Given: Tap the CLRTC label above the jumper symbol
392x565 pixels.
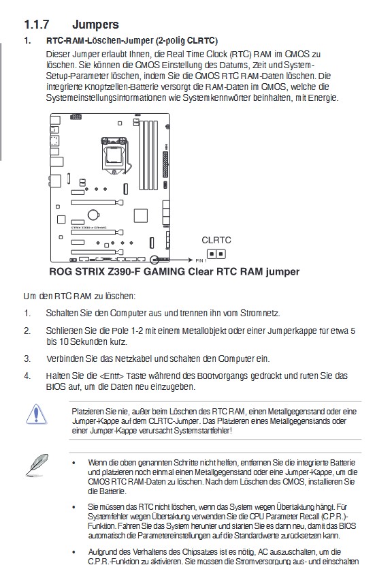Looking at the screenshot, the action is click(216, 240).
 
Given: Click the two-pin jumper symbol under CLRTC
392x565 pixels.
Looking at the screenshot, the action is click(216, 254).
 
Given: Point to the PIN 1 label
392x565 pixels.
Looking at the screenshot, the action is click(200, 261).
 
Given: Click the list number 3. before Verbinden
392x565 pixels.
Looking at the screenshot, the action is click(27, 358).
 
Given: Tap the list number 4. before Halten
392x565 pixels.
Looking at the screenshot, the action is click(27, 376).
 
